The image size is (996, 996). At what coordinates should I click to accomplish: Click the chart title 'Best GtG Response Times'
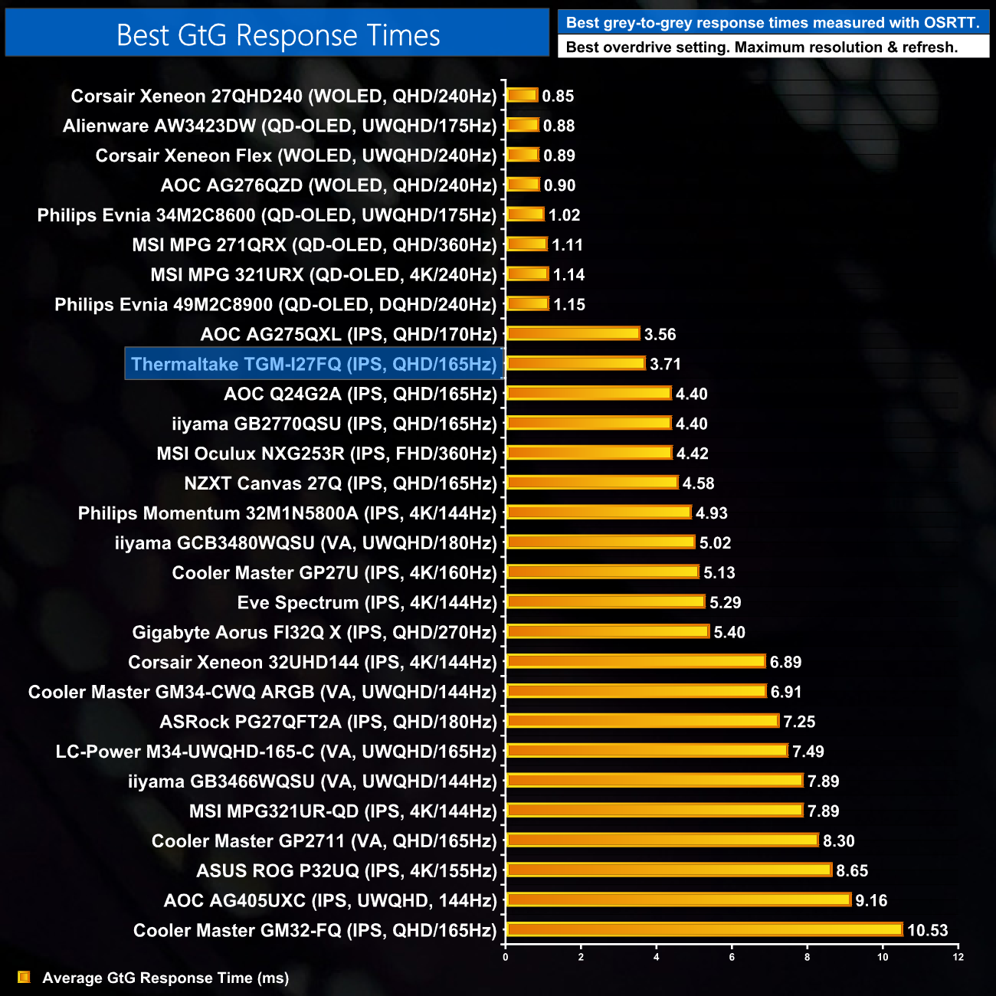click(277, 35)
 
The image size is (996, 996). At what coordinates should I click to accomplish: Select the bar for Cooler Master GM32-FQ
click(705, 929)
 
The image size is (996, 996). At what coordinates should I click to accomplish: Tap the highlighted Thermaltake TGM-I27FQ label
click(313, 364)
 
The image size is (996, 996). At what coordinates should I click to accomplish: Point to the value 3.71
click(665, 364)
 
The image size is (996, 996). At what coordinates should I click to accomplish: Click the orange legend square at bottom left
click(24, 977)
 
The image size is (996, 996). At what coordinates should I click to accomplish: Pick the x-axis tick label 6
click(732, 957)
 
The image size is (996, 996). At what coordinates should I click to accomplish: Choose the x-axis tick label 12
click(958, 957)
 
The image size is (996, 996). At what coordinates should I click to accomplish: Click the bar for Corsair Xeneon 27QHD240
click(523, 96)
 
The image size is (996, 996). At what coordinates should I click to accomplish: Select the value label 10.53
click(927, 930)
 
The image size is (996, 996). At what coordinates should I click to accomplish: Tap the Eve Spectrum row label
click(367, 602)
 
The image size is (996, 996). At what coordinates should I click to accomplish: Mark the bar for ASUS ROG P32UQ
click(669, 870)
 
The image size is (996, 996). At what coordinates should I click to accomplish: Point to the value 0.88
click(559, 126)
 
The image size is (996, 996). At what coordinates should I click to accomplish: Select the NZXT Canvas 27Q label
click(340, 483)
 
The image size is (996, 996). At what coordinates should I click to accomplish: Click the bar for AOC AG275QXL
click(573, 333)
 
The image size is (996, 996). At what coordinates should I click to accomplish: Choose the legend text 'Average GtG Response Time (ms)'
click(165, 978)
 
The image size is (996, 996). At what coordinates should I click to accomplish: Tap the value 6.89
click(785, 662)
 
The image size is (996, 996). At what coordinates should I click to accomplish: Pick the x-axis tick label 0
click(505, 957)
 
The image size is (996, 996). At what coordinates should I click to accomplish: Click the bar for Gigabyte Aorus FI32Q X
click(608, 631)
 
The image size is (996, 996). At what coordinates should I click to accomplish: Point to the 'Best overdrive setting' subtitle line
click(761, 48)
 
